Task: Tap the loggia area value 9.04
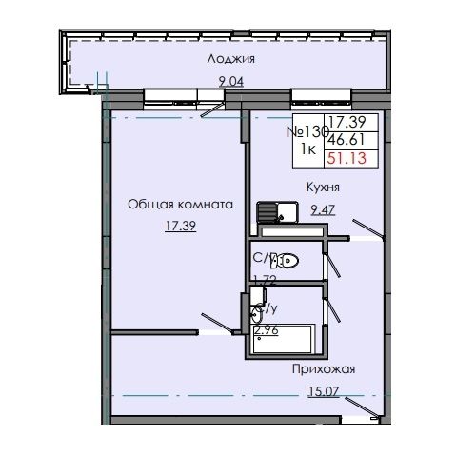(x=231, y=82)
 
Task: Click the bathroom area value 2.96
(x=268, y=331)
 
